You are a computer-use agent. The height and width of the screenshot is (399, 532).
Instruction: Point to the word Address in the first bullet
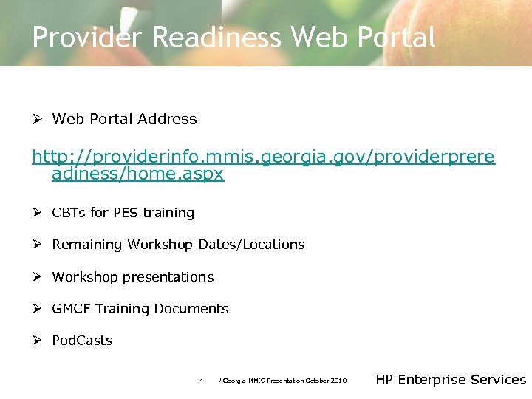[x=171, y=119]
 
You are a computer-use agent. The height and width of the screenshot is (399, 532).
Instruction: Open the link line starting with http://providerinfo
[x=263, y=157]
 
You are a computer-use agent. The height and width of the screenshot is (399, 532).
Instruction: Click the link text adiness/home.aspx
[x=137, y=174]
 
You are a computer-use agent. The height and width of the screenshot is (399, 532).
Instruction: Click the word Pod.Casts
[x=82, y=341]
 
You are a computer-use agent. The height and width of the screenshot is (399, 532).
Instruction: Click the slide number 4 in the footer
[x=201, y=381]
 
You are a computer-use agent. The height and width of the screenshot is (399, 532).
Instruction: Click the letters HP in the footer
[x=384, y=380]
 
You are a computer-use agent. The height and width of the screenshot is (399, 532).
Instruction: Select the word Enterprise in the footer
[x=432, y=380]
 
